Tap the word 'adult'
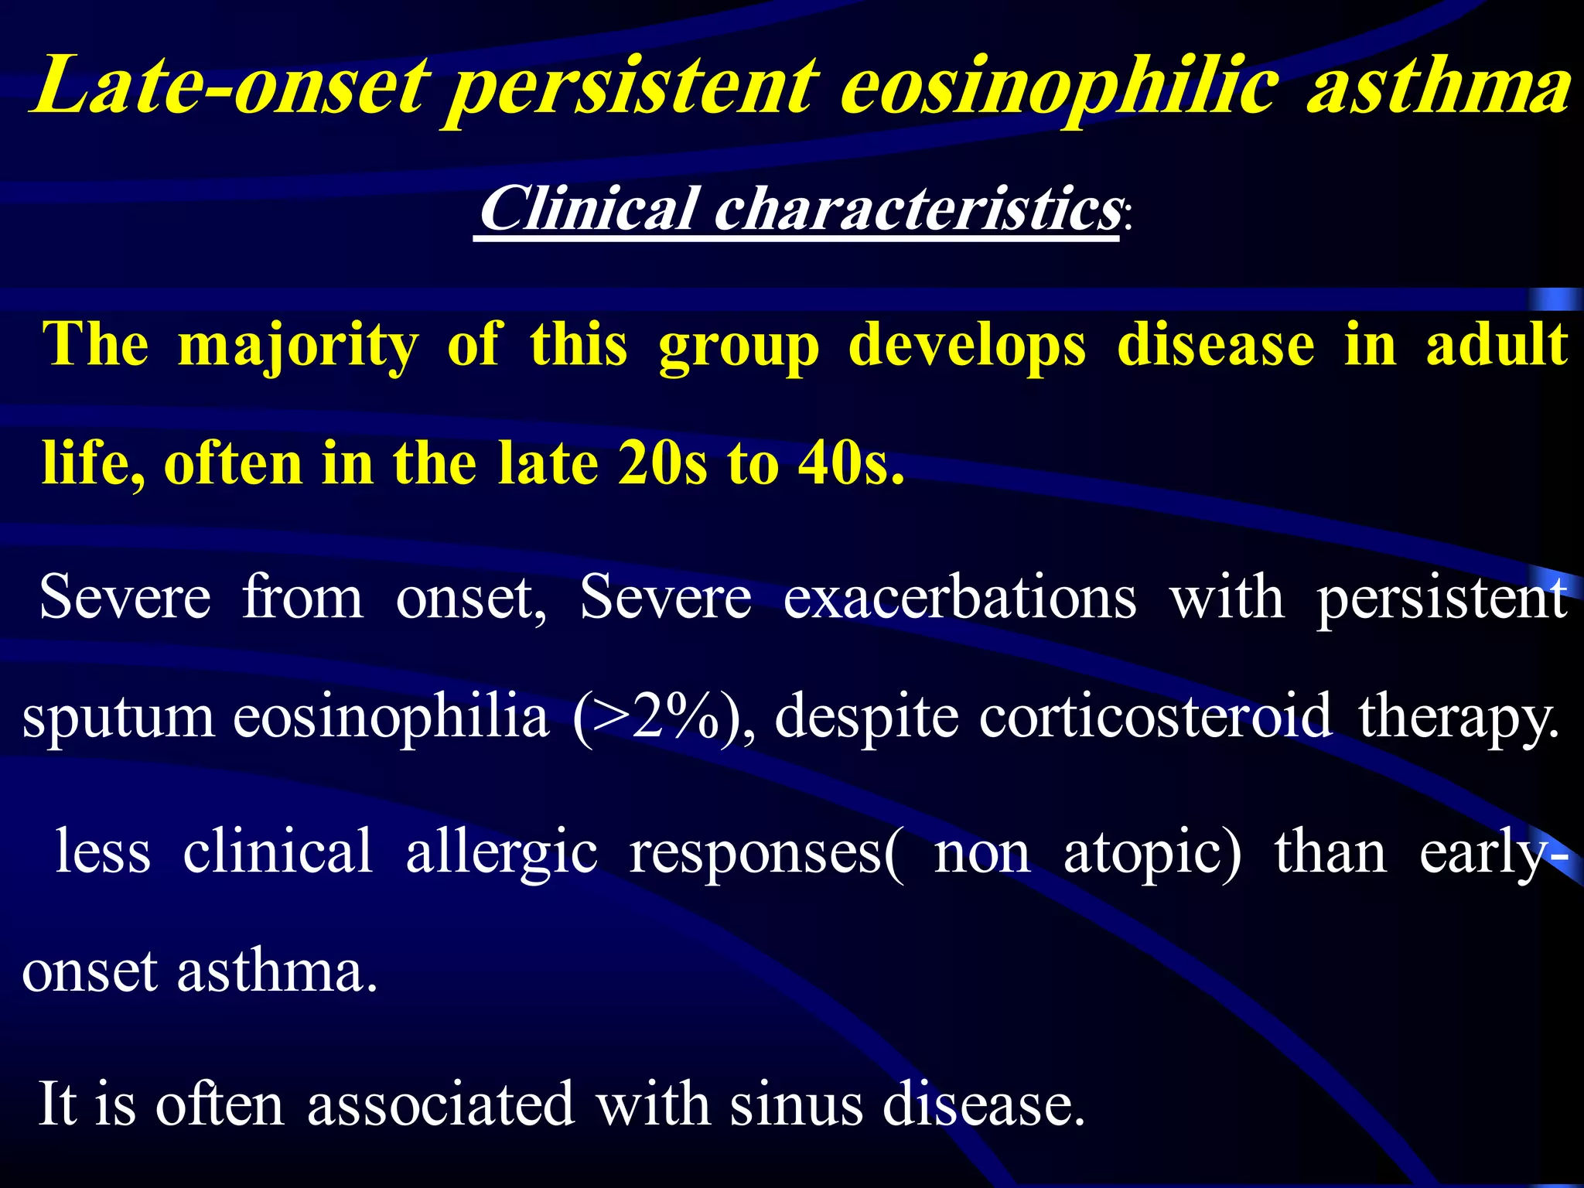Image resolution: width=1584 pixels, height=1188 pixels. (x=1497, y=344)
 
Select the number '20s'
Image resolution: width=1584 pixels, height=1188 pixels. (x=662, y=463)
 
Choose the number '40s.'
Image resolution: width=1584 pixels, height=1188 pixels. (x=851, y=463)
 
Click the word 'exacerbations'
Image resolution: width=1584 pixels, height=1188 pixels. (x=960, y=597)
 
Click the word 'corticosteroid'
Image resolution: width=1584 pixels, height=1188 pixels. (x=1156, y=716)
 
